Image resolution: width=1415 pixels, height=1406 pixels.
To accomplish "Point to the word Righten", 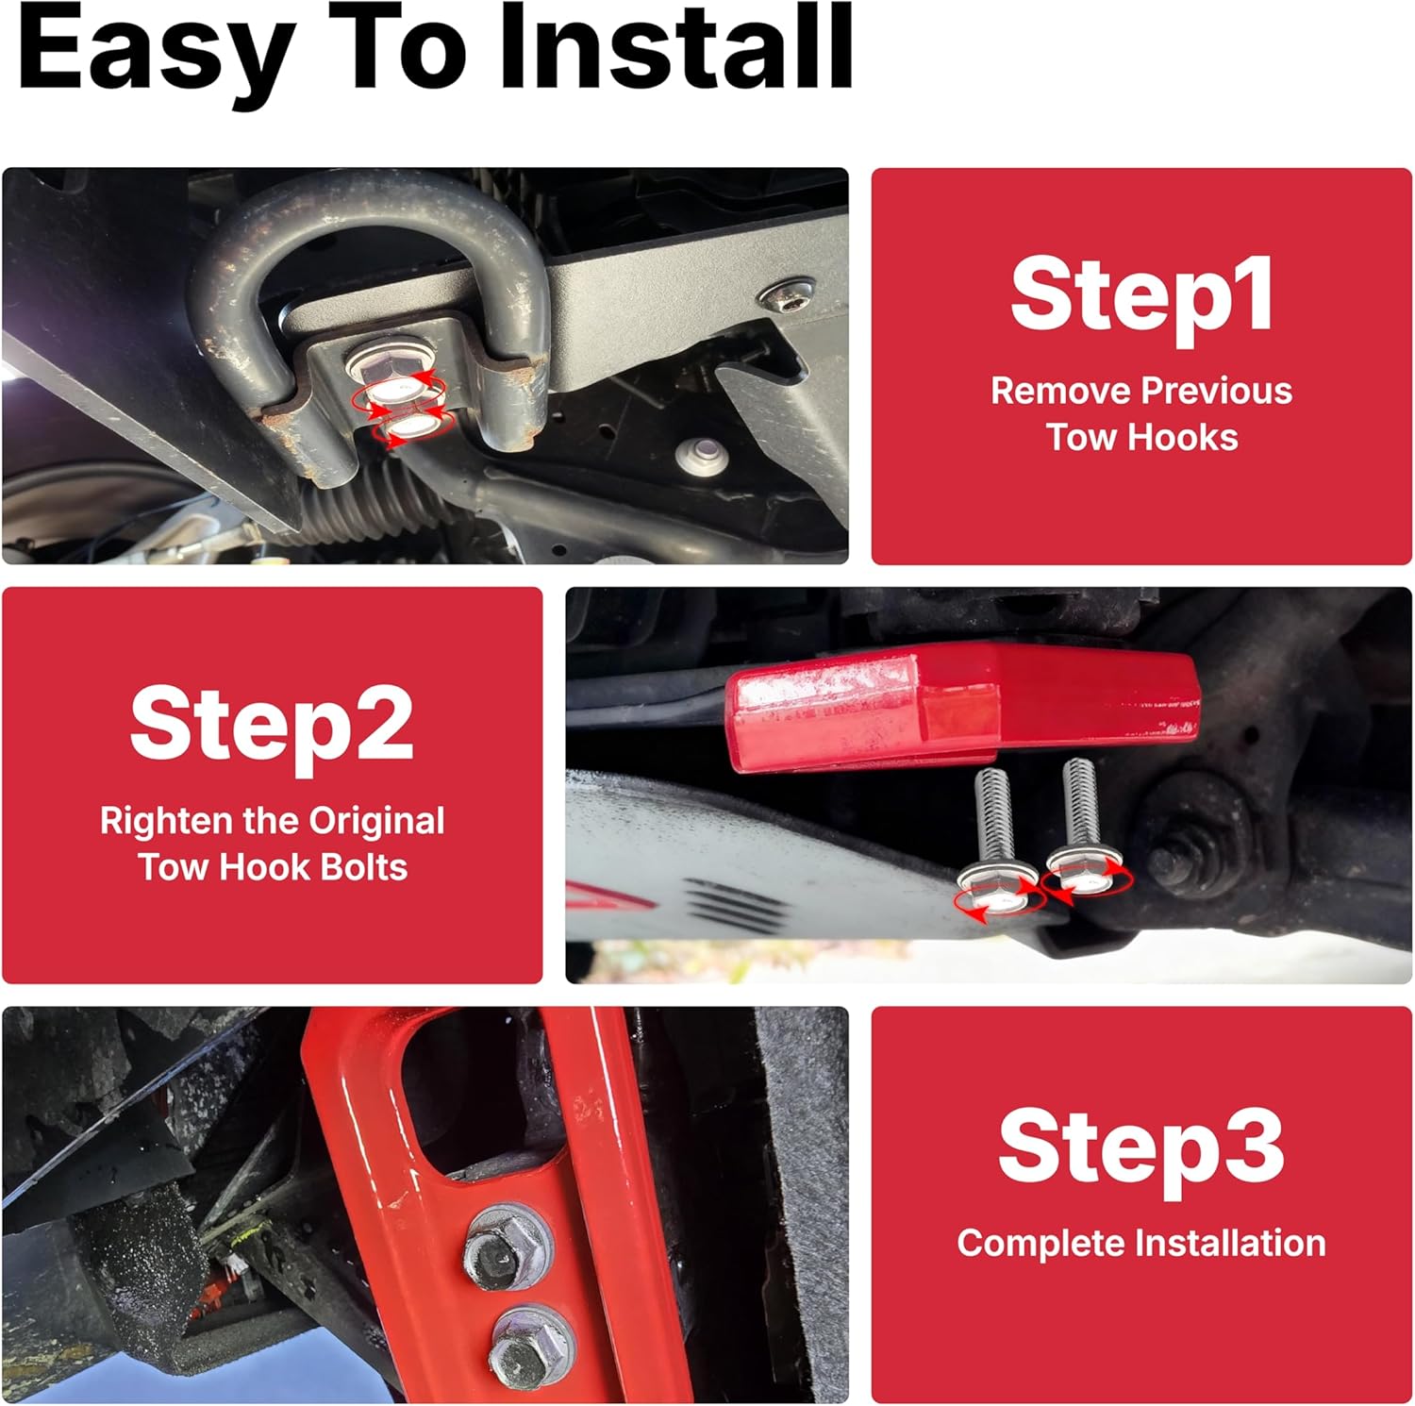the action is tap(167, 822).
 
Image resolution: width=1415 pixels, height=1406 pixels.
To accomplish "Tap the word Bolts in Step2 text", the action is tap(363, 867).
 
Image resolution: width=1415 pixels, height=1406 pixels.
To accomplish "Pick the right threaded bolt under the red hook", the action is tap(1083, 826).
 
